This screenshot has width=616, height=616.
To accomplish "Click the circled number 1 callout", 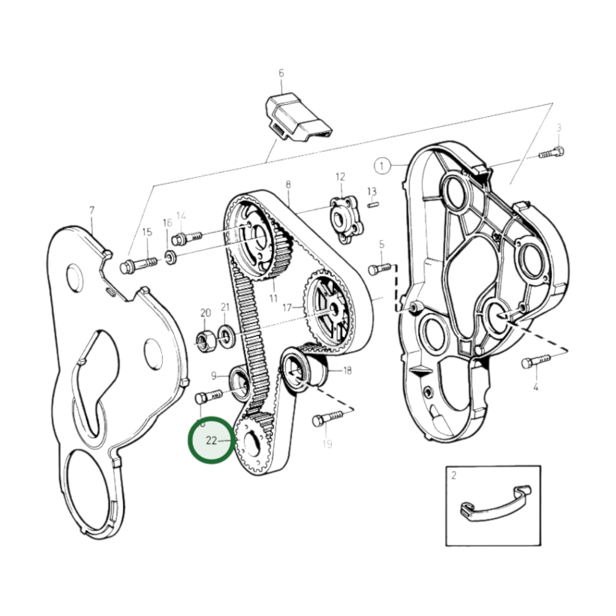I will (382, 165).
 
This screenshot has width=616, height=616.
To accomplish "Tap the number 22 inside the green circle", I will (211, 440).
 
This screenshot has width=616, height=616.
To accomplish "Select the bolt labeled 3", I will (552, 152).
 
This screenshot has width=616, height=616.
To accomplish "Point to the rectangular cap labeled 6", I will (298, 117).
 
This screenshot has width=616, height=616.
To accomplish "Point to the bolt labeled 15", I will (138, 265).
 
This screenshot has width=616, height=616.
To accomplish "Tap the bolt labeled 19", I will (327, 418).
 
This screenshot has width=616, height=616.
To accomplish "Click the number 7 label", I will (92, 211).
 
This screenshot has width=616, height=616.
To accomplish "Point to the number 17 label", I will (287, 307).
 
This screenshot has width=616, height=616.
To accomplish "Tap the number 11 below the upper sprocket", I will (273, 298).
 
